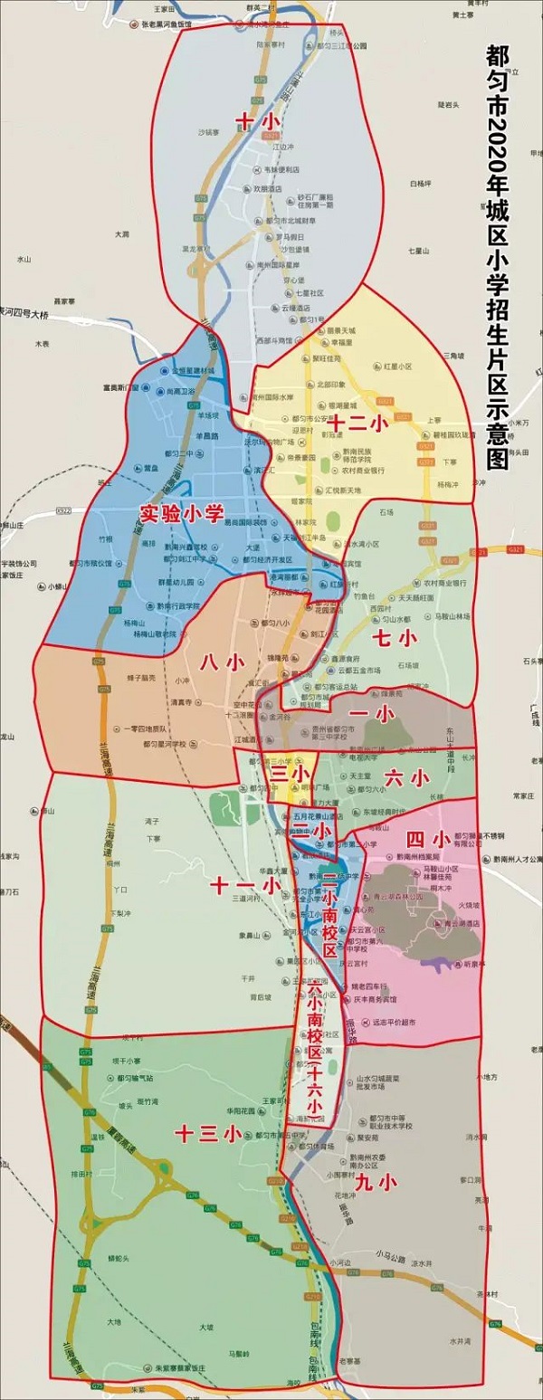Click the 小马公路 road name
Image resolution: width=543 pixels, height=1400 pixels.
396,1254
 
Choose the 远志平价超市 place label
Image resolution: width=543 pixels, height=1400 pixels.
392,998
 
